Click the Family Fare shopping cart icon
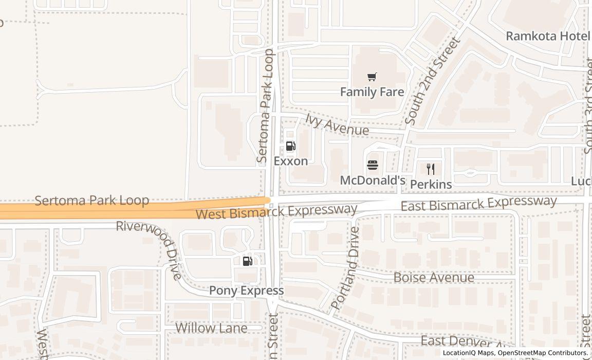pyautogui.click(x=372, y=77)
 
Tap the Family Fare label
pyautogui.click(x=372, y=92)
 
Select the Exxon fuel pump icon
pyautogui.click(x=290, y=146)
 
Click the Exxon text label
pyautogui.click(x=291, y=161)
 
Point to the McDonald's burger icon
pyautogui.click(x=373, y=166)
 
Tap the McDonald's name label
pyautogui.click(x=373, y=181)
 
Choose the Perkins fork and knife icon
pyautogui.click(x=431, y=169)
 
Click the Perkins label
pyautogui.click(x=431, y=184)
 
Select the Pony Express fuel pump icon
pyautogui.click(x=247, y=261)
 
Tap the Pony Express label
pyautogui.click(x=246, y=291)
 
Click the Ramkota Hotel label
pyautogui.click(x=548, y=36)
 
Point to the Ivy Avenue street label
pyautogui.click(x=337, y=125)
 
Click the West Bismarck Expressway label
pyautogui.click(x=276, y=211)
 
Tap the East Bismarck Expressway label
pyautogui.click(x=478, y=203)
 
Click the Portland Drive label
pyautogui.click(x=345, y=267)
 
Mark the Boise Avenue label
pyautogui.click(x=434, y=278)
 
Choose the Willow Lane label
pyautogui.click(x=211, y=328)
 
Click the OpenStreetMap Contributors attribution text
pyautogui.click(x=543, y=353)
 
